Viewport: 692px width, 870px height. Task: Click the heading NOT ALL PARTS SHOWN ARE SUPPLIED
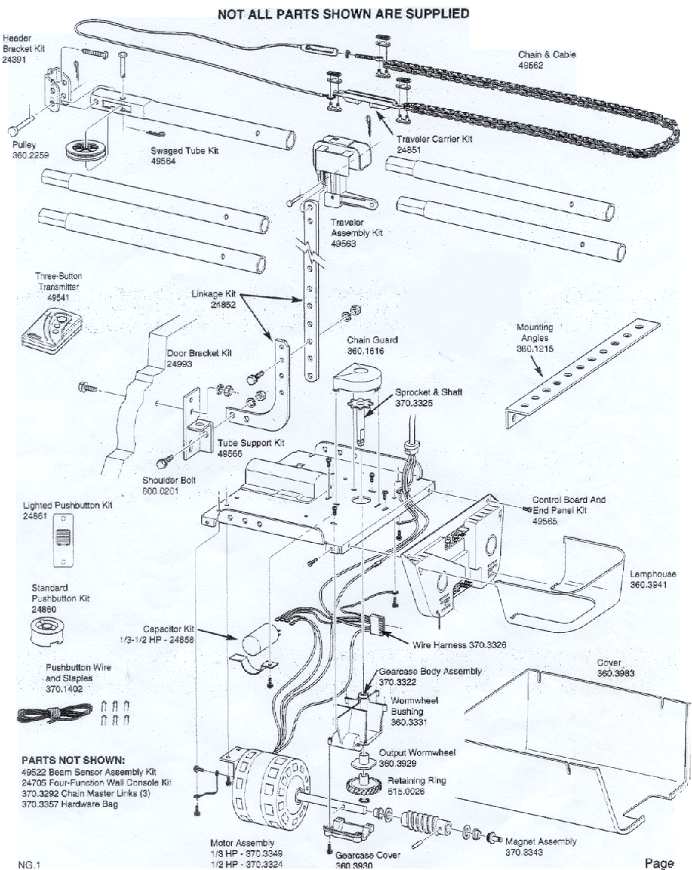point(343,14)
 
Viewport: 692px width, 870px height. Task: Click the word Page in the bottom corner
point(658,862)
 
